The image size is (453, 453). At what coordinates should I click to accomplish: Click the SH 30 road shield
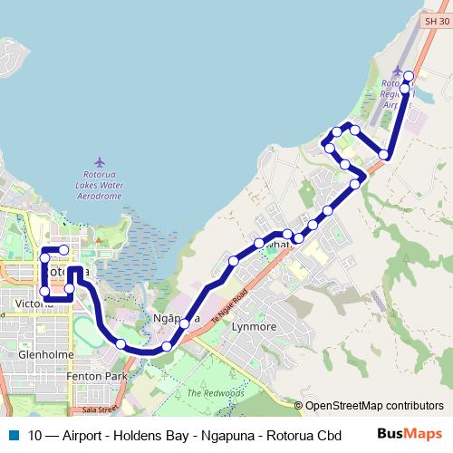[437, 19]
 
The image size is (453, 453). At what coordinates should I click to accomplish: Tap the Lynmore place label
[255, 326]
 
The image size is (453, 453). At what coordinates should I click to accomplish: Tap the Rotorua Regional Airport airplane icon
[396, 71]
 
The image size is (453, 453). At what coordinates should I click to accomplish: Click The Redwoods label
[216, 393]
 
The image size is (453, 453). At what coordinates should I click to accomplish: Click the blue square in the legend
[12, 434]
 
